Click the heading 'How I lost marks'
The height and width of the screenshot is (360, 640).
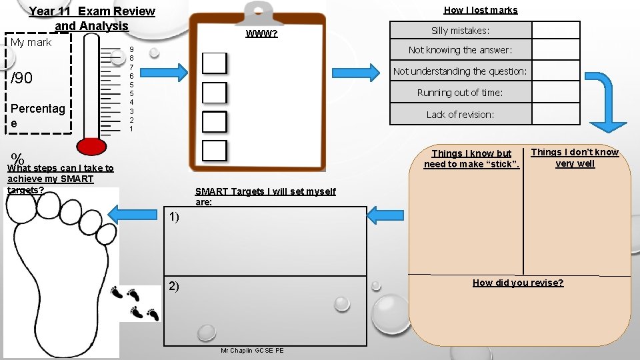point(480,10)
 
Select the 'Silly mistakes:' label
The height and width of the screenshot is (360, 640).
point(460,31)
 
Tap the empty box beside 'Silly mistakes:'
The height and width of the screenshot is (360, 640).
point(556,31)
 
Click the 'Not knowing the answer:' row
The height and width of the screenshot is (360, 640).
point(460,50)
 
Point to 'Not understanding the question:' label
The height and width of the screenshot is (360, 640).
point(460,71)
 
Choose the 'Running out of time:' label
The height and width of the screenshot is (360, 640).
point(460,93)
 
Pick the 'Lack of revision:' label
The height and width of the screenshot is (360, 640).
point(460,115)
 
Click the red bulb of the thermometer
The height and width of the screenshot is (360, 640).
point(91,145)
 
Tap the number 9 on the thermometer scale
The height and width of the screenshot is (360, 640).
point(132,50)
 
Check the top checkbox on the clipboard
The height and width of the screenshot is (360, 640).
point(215,63)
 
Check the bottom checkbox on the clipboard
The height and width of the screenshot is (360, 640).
point(215,151)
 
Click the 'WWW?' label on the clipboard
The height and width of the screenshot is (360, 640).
point(261,35)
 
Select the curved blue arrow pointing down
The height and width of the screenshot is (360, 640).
point(603,100)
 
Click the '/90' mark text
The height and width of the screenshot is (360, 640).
point(22,79)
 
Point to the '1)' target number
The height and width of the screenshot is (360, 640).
point(173,217)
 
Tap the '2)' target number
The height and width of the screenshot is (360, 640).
point(173,286)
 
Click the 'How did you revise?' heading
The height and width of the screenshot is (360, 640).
point(518,283)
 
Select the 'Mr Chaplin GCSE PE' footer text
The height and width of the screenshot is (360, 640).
point(252,351)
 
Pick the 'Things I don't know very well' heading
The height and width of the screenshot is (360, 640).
point(575,158)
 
